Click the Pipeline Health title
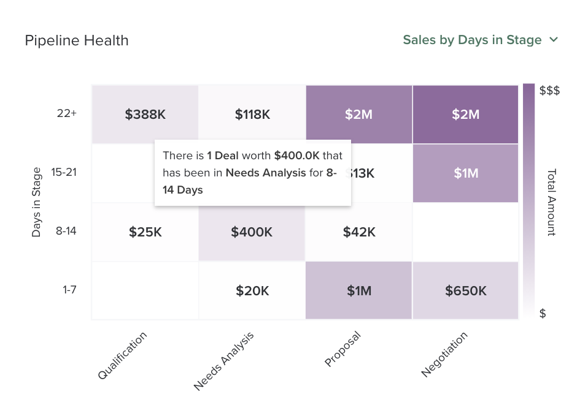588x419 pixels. pyautogui.click(x=77, y=40)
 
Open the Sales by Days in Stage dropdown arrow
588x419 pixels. pyautogui.click(x=554, y=40)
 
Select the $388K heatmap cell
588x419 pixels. pyautogui.click(x=145, y=115)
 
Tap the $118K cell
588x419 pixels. pyautogui.click(x=252, y=115)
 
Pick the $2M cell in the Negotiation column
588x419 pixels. pyautogui.click(x=466, y=115)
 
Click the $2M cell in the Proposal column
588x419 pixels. pyautogui.click(x=359, y=115)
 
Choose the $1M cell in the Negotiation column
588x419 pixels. pyautogui.click(x=466, y=173)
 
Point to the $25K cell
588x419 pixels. pyautogui.click(x=145, y=232)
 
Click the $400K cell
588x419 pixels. pyautogui.click(x=252, y=232)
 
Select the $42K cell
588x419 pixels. pyautogui.click(x=359, y=232)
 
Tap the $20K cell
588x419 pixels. pyautogui.click(x=252, y=291)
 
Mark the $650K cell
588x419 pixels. pyautogui.click(x=466, y=291)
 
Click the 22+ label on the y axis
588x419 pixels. pyautogui.click(x=66, y=113)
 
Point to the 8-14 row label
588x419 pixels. pyautogui.click(x=66, y=232)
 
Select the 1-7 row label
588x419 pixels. pyautogui.click(x=69, y=290)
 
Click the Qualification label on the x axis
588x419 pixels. pyautogui.click(x=123, y=356)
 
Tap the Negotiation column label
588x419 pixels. pyautogui.click(x=445, y=355)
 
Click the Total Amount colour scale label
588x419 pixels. pyautogui.click(x=551, y=202)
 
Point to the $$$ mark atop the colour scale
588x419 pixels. pyautogui.click(x=549, y=91)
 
